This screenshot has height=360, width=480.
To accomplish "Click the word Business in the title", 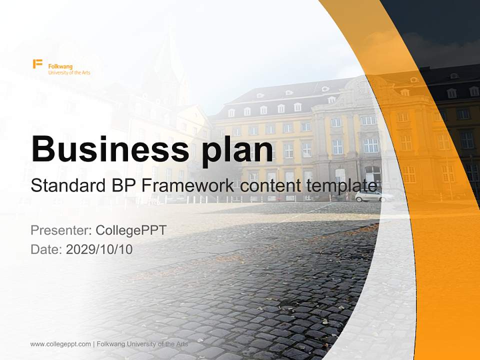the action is click(x=110, y=149).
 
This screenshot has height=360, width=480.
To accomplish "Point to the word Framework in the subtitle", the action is click(x=188, y=185).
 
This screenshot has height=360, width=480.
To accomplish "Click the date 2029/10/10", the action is click(x=99, y=249).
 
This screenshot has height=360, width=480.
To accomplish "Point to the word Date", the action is click(x=46, y=249).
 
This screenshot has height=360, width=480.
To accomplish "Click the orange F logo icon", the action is click(x=37, y=64).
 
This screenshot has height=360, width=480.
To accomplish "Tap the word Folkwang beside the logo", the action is click(x=60, y=66).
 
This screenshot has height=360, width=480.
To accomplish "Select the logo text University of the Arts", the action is click(x=69, y=72).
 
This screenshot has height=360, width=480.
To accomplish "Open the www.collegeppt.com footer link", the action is click(x=60, y=344).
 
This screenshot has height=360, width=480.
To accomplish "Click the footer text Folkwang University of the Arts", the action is click(x=142, y=344).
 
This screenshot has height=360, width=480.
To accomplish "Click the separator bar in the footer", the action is click(x=93, y=344).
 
